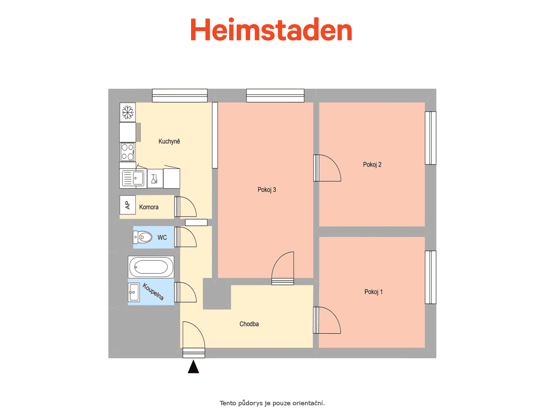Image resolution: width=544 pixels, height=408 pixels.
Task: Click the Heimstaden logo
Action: [271, 29]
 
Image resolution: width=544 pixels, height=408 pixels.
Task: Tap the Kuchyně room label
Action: [169, 141]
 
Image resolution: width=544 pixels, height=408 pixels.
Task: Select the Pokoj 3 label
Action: [267, 190]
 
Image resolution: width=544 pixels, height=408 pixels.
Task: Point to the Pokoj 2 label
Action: [372, 165]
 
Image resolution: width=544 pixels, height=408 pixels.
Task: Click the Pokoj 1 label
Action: [373, 292]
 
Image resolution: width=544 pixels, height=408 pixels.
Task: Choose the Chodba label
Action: [249, 324]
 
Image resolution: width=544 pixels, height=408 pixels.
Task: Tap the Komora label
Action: [149, 207]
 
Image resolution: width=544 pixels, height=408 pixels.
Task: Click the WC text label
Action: [162, 238]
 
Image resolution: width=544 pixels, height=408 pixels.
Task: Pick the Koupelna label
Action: [153, 292]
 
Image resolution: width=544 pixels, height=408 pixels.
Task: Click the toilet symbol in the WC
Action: [142, 237]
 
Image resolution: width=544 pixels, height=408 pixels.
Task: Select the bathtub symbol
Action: [151, 267]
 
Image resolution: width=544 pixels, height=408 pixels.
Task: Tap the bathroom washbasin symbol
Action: [134, 292]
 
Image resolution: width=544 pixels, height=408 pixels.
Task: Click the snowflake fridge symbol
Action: [128, 112]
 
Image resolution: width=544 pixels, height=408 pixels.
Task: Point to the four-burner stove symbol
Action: [128, 152]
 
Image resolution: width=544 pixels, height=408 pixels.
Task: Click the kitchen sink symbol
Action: [133, 178]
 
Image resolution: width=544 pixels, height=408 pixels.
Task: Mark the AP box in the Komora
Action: [128, 205]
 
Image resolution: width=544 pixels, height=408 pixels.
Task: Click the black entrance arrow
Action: [193, 367]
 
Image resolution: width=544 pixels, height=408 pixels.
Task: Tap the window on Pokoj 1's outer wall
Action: [430, 277]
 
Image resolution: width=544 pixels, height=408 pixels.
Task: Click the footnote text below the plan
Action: [272, 403]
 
